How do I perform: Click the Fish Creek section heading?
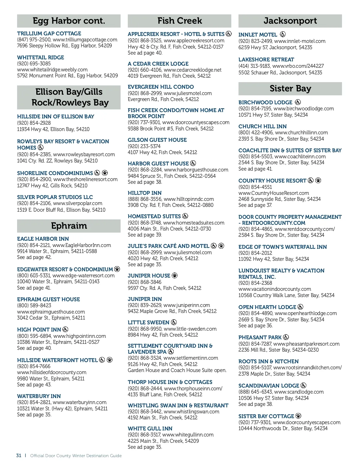179,21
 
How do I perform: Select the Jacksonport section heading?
290,21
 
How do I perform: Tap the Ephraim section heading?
69,226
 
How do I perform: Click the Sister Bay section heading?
290,88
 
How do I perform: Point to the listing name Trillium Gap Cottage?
49,34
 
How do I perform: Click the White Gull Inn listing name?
150,429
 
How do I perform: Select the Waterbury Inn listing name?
39,396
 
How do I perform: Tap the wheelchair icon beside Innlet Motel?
283,34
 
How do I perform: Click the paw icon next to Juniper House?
175,275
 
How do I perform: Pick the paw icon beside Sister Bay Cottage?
298,416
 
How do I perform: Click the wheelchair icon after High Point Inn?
65,329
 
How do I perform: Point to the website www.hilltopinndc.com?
189,199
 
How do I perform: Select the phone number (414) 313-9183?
254,66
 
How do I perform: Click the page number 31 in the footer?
19,456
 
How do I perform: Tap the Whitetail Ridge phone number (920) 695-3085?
34,64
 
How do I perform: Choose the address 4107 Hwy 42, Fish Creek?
162,152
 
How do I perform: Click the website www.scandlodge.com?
299,392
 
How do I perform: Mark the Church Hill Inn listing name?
262,126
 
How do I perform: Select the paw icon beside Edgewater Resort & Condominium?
117,269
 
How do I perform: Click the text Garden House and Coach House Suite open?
177,370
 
